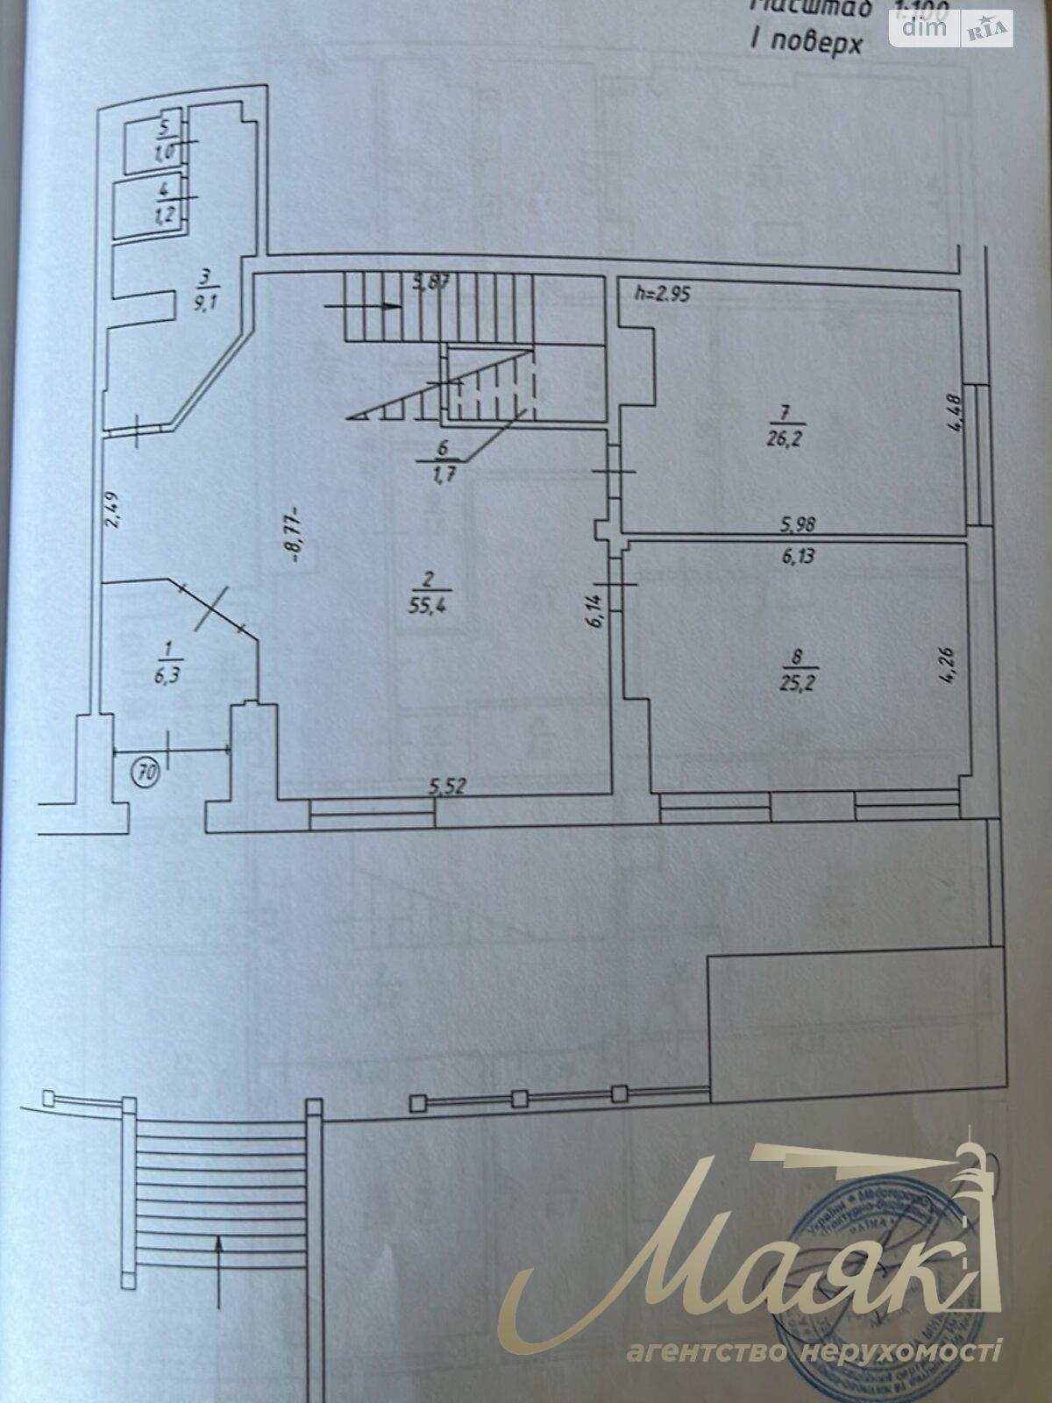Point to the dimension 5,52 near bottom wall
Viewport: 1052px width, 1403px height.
(447, 787)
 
